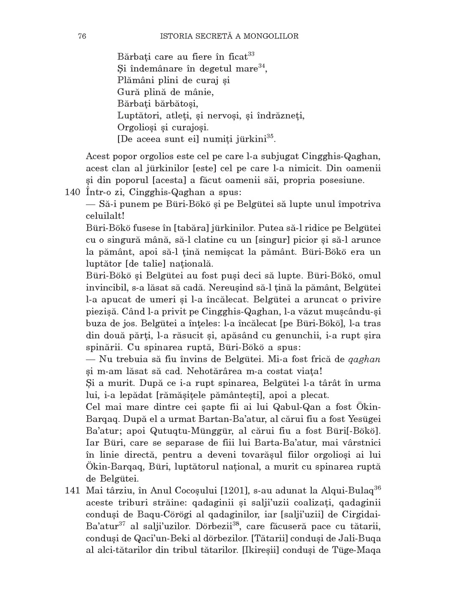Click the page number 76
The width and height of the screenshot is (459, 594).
[82, 36]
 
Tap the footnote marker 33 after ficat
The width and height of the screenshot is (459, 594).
[251, 54]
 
